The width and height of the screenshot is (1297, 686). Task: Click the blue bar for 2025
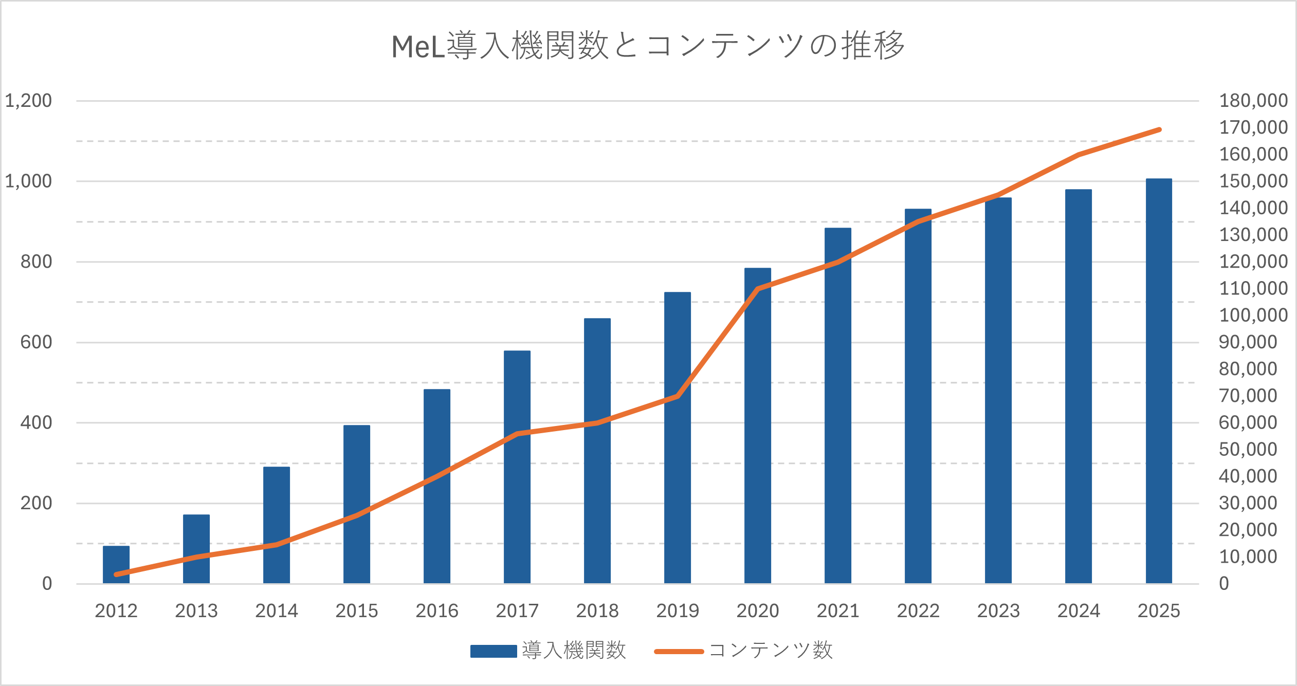click(x=1159, y=381)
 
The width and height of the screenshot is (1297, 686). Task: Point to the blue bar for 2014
click(x=277, y=525)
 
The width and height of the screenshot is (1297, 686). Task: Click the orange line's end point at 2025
click(x=1159, y=130)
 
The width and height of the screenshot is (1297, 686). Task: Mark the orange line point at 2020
click(x=758, y=289)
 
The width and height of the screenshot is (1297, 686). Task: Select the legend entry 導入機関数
click(x=574, y=651)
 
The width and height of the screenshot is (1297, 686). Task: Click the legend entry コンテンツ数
click(x=771, y=651)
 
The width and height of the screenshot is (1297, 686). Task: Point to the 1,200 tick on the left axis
click(x=28, y=101)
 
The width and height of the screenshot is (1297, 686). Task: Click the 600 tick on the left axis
click(x=36, y=342)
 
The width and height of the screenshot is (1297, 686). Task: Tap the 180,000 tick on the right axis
click(x=1253, y=101)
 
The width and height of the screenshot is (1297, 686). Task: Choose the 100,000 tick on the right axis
click(x=1253, y=315)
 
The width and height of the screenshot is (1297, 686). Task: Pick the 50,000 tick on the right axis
click(x=1248, y=450)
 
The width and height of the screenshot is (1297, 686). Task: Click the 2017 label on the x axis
click(x=517, y=611)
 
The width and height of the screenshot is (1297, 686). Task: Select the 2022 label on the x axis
click(x=918, y=611)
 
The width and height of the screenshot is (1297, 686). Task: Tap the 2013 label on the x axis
click(x=196, y=611)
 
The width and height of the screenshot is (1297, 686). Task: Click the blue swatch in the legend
click(x=494, y=651)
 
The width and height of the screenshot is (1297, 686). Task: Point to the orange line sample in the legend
click(x=679, y=652)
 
